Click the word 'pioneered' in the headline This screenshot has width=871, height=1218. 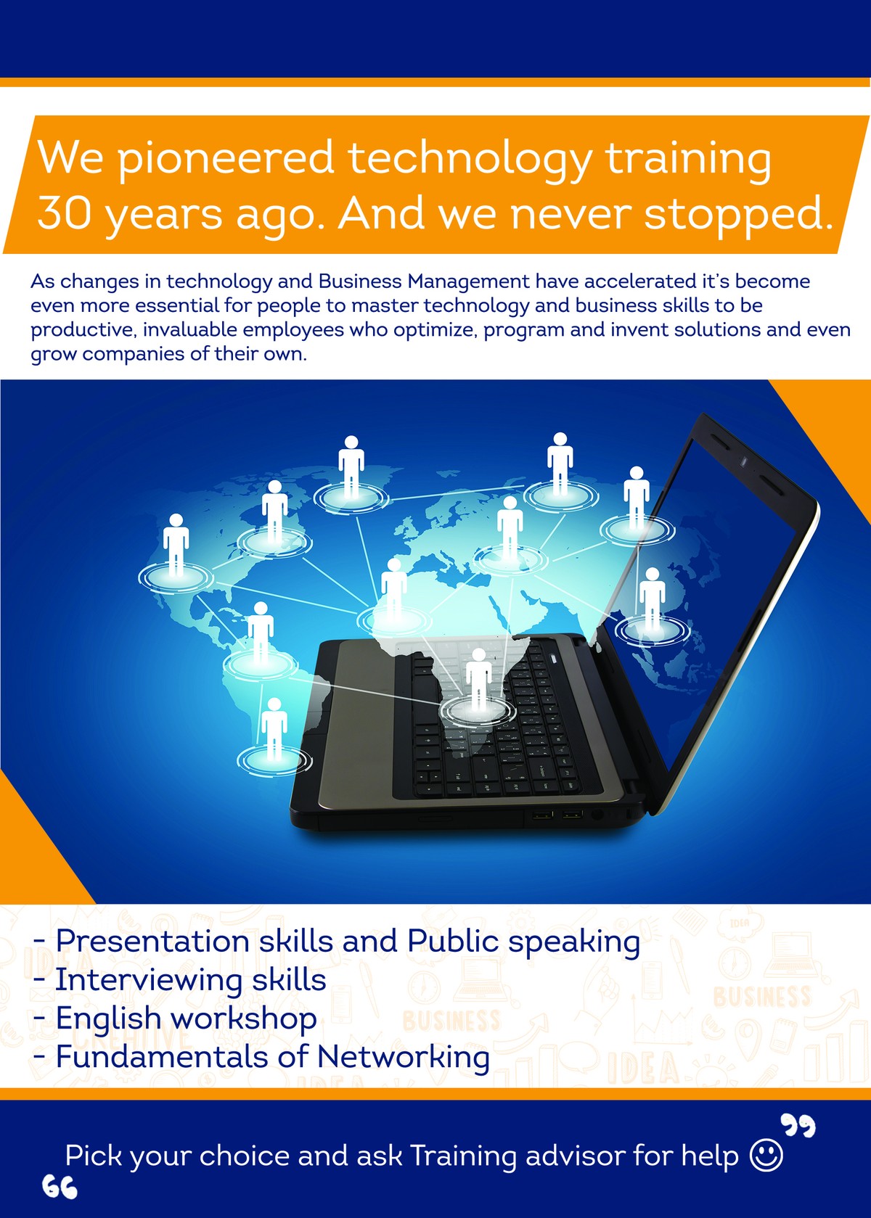pyautogui.click(x=225, y=160)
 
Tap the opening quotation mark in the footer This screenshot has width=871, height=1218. pyautogui.click(x=60, y=1187)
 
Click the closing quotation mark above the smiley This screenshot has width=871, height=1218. pyautogui.click(x=798, y=1125)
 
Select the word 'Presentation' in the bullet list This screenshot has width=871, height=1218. pyautogui.click(x=152, y=941)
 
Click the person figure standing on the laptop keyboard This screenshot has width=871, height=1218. pyautogui.click(x=479, y=679)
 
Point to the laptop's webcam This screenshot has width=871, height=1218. pyautogui.click(x=744, y=462)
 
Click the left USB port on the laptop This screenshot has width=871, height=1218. pyautogui.click(x=542, y=815)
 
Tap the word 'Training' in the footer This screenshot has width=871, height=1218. pyautogui.click(x=462, y=1156)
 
